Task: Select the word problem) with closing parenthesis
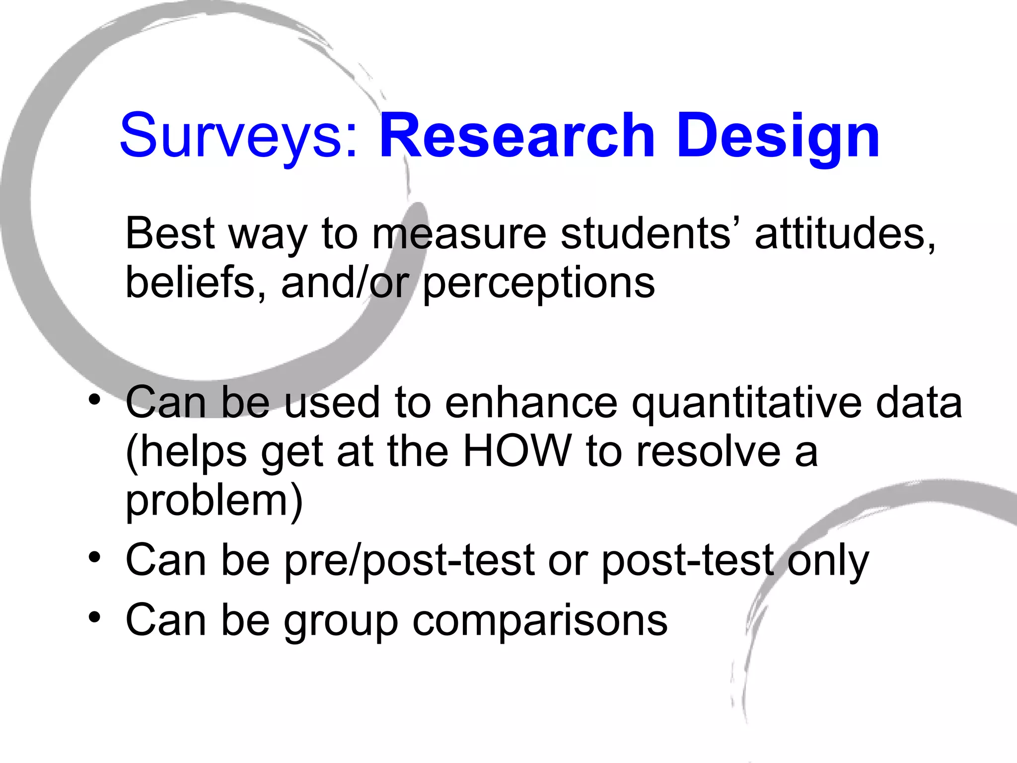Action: coord(214,502)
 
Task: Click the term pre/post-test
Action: coord(410,561)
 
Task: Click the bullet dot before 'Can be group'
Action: coord(94,617)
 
